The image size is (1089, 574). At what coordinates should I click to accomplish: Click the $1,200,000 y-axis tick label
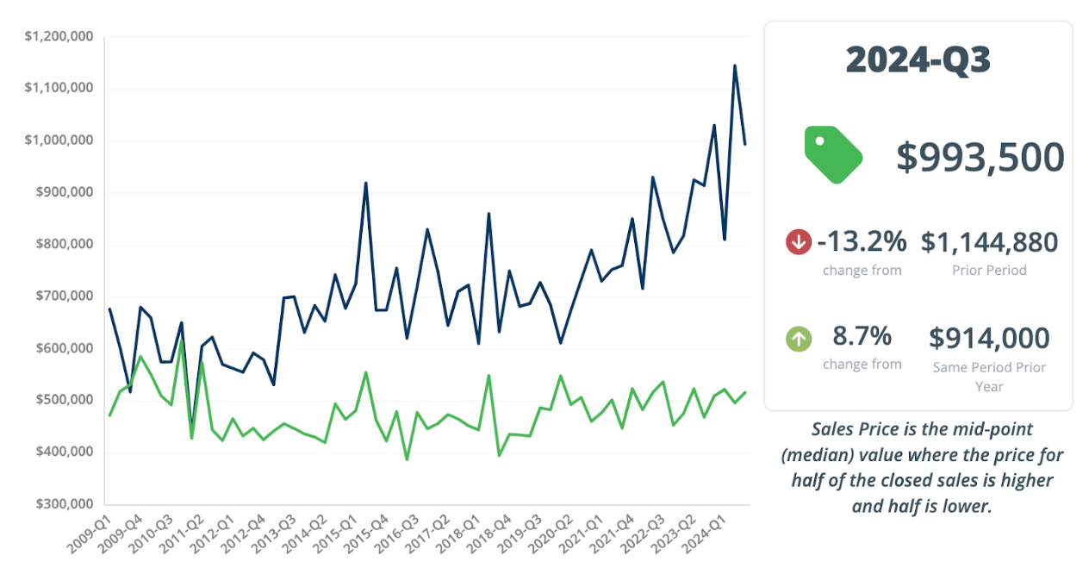(59, 36)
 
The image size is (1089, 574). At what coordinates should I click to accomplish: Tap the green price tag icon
(833, 154)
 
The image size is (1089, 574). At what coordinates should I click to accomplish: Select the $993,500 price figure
(980, 157)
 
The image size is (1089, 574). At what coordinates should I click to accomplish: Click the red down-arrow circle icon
(799, 242)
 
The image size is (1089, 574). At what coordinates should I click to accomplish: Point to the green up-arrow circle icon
(799, 339)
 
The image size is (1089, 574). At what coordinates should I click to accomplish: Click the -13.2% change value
(862, 242)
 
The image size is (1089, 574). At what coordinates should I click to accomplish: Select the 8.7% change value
(862, 335)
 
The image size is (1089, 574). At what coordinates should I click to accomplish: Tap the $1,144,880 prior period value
(989, 242)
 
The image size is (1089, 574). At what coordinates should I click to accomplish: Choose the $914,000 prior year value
(989, 338)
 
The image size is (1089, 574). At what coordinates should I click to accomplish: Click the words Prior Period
(989, 270)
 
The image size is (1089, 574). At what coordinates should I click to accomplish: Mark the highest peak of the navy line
(735, 66)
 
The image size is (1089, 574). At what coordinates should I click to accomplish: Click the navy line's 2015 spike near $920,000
(366, 183)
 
